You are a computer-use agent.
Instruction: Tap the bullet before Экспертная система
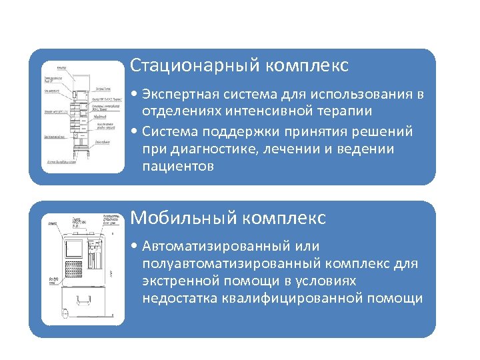coord(135,94)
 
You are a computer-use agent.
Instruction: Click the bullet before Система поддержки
coord(135,131)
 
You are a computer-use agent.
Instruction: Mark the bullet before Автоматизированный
coord(135,246)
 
